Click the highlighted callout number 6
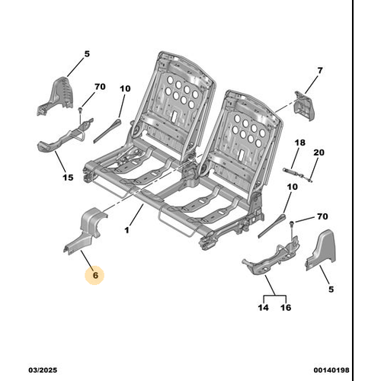click(x=95, y=275)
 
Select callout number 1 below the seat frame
click(x=126, y=230)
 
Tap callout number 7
click(x=320, y=70)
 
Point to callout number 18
click(x=299, y=142)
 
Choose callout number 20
click(x=319, y=152)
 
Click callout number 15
click(x=68, y=178)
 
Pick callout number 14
click(x=263, y=308)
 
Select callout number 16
click(x=286, y=308)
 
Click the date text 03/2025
click(x=43, y=370)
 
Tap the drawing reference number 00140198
click(x=331, y=370)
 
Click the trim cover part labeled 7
click(x=304, y=106)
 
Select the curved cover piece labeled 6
click(x=85, y=230)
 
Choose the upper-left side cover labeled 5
click(x=56, y=96)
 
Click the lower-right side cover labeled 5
click(x=321, y=250)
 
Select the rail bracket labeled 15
click(x=66, y=136)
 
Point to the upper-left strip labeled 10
click(x=107, y=130)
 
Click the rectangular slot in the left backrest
click(x=175, y=116)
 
